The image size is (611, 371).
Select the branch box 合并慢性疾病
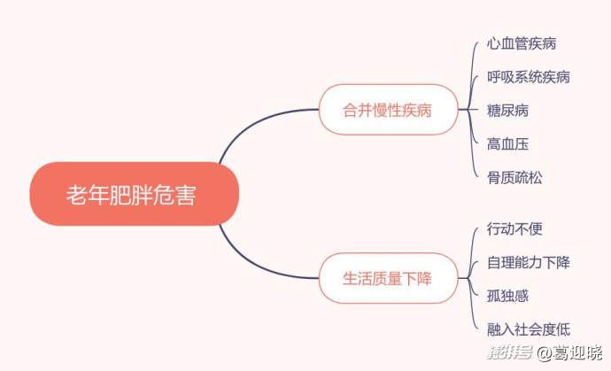tap(388, 110)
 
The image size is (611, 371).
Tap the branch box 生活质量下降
tap(388, 278)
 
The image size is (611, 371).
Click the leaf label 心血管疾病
tap(522, 43)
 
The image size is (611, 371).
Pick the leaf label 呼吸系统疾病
tap(529, 77)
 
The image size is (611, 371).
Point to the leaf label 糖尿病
tap(508, 111)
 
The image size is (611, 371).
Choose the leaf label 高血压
tap(508, 143)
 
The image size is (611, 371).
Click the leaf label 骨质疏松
tap(514, 177)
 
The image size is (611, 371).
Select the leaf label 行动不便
tap(514, 228)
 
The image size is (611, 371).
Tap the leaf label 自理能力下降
tap(529, 262)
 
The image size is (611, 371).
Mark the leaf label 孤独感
tap(508, 295)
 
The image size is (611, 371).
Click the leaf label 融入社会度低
tap(529, 328)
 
